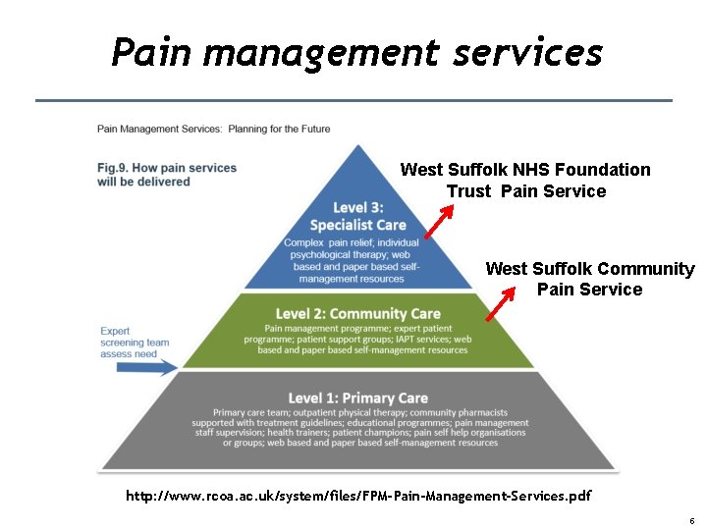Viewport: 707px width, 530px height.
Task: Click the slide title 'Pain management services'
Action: coord(356,51)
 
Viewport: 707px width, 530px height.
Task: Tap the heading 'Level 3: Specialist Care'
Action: coord(357,216)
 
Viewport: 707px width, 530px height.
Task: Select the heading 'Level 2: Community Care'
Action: coord(357,314)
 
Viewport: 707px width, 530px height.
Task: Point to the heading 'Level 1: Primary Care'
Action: coord(357,397)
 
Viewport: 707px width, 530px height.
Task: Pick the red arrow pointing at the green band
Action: coord(501,303)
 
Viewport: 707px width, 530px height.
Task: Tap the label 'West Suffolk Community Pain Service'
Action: coord(589,279)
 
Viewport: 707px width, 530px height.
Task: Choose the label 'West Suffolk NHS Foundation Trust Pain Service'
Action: coord(525,181)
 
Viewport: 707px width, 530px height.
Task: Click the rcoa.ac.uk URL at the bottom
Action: coord(358,496)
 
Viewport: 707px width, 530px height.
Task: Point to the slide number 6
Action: coord(692,520)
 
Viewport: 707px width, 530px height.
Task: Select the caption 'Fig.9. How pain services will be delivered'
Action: coord(167,175)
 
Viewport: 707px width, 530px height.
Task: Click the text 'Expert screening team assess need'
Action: coord(135,343)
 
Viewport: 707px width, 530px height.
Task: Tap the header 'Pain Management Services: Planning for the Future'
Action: coord(213,129)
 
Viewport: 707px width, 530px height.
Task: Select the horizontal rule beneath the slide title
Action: coord(353,100)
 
